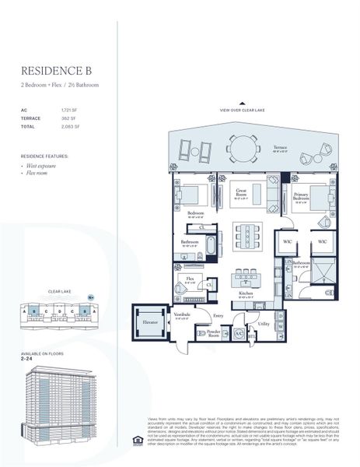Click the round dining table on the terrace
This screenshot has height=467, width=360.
[243, 146]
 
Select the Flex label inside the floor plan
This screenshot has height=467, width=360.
[189, 277]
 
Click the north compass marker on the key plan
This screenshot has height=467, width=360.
[90, 297]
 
